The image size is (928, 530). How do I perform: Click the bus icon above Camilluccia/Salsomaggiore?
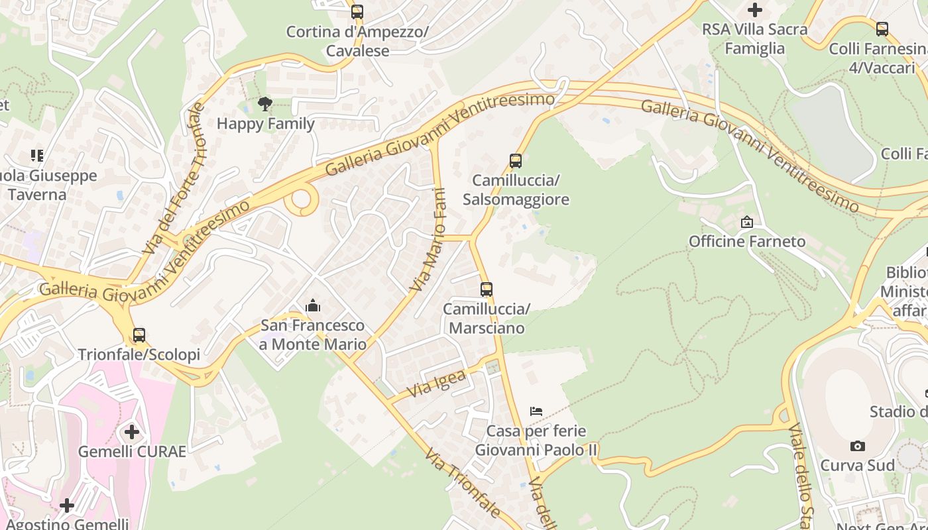(515, 160)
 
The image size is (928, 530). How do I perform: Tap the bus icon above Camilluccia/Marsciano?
(487, 290)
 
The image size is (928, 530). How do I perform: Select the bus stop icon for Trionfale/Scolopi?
(139, 335)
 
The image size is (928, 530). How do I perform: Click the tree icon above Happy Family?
(265, 104)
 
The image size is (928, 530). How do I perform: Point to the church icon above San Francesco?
(312, 305)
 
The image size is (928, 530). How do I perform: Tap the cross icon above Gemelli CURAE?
(132, 433)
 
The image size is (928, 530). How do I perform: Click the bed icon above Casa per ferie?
(536, 411)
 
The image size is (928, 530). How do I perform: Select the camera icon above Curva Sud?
(857, 446)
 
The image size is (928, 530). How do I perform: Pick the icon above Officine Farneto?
(747, 222)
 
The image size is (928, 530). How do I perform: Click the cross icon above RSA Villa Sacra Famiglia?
(754, 10)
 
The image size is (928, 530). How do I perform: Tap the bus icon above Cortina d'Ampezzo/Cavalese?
(357, 11)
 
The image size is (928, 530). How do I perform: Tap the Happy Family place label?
(265, 123)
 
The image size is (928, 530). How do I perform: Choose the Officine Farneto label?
(747, 241)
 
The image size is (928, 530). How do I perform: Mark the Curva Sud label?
(857, 465)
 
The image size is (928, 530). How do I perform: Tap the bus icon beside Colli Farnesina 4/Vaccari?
(882, 29)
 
